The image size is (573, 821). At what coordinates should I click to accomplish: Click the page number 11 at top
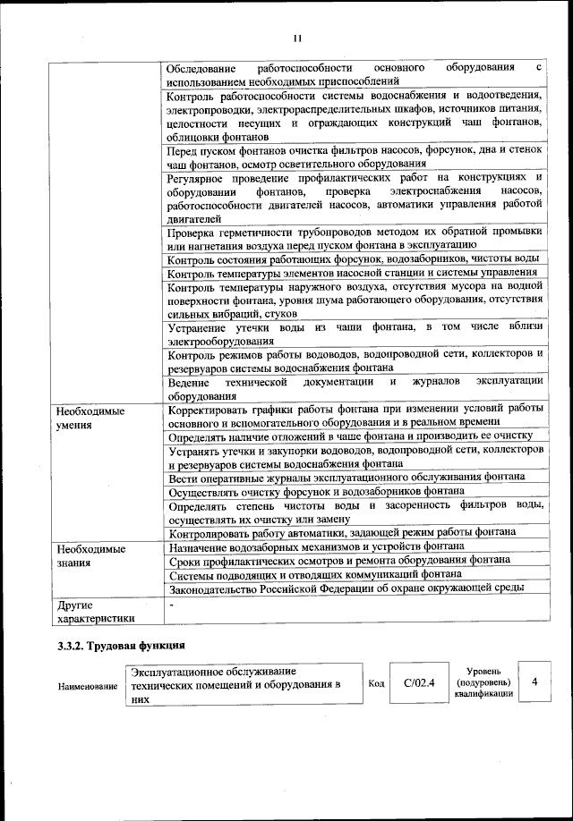coord(297,37)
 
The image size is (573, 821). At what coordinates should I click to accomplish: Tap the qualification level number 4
coord(535,682)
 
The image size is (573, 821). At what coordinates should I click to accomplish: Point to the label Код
coord(377,683)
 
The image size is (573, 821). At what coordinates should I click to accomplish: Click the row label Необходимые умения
coord(90,418)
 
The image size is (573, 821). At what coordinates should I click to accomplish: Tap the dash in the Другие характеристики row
coord(171,605)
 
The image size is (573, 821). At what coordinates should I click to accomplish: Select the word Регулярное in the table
coord(198,178)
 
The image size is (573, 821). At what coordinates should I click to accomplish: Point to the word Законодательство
coord(216,588)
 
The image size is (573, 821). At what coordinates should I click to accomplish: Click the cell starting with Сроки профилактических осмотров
coord(338,560)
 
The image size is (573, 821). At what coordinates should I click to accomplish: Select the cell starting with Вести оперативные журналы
coord(339,478)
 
